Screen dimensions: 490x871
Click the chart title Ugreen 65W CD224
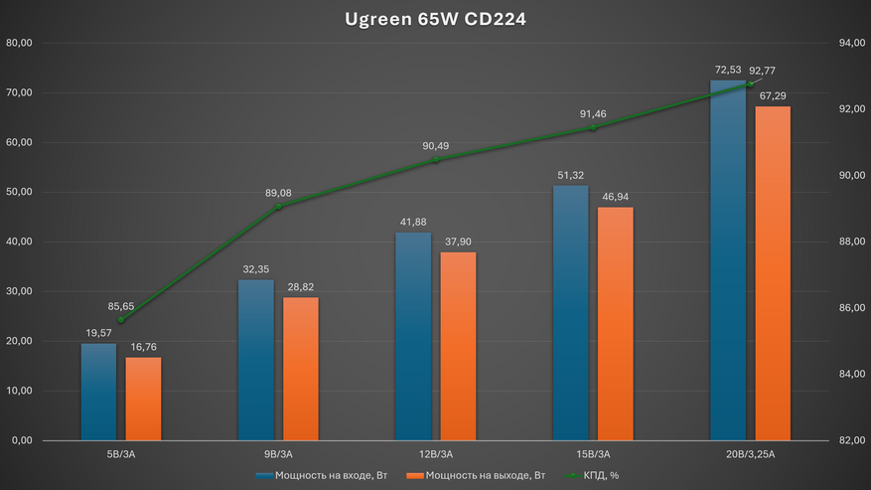click(x=435, y=19)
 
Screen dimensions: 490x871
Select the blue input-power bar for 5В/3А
click(x=98, y=392)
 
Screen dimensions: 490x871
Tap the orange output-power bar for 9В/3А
click(x=301, y=369)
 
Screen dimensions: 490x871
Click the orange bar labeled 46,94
click(x=616, y=323)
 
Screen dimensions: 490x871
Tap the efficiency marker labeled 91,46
click(x=593, y=127)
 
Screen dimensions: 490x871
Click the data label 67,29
click(x=773, y=95)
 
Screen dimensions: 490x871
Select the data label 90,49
click(x=435, y=146)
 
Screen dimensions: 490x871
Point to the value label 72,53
click(x=727, y=70)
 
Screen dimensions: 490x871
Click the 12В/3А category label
click(x=435, y=453)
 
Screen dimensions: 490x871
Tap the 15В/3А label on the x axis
click(x=593, y=453)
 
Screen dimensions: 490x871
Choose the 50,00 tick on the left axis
click(x=20, y=192)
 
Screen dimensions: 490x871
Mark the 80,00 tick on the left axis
click(x=20, y=43)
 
